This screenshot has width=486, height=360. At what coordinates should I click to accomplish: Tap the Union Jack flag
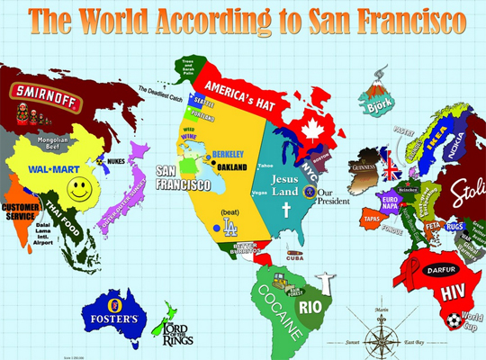pyautogui.click(x=392, y=167)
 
